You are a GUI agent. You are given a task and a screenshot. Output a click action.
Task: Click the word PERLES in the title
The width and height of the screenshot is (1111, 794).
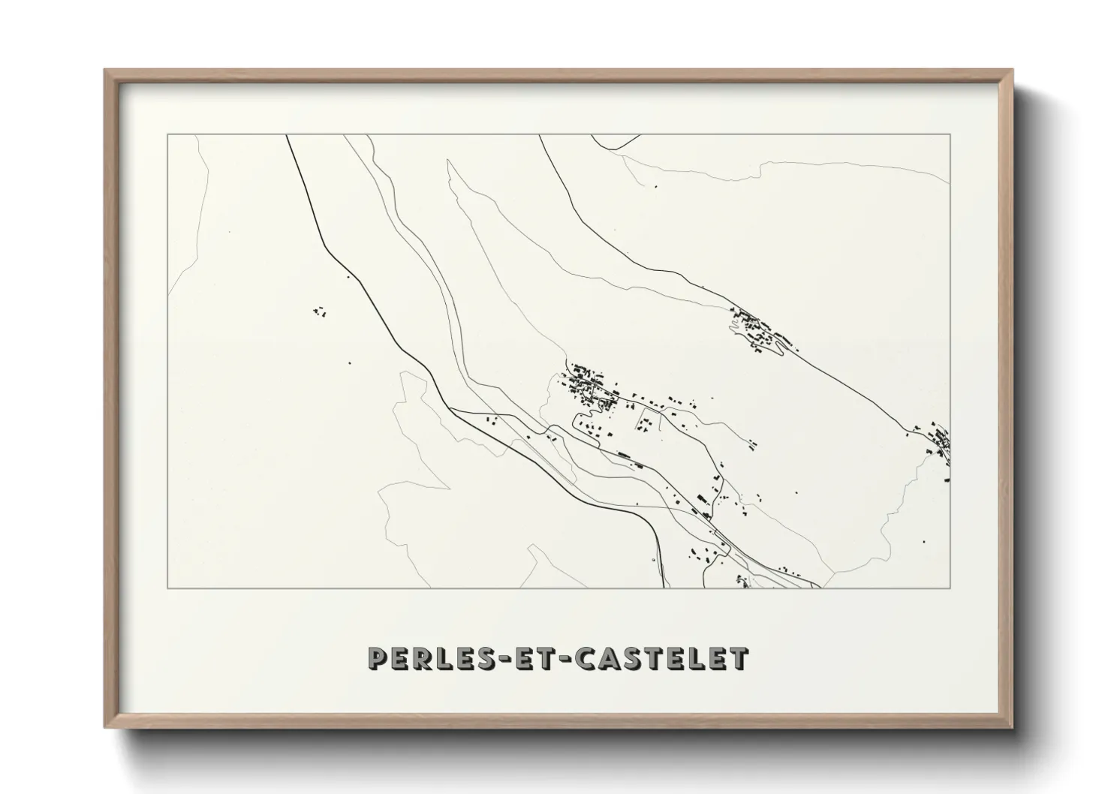coord(427,658)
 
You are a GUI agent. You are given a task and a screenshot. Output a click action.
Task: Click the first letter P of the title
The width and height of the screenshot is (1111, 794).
coord(377,658)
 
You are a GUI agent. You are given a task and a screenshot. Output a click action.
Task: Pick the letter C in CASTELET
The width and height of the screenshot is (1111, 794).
coord(583,658)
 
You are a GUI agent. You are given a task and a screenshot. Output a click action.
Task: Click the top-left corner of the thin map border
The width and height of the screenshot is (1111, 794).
coord(167,134)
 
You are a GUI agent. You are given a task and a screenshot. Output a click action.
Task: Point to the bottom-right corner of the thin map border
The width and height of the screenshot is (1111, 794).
coord(950,588)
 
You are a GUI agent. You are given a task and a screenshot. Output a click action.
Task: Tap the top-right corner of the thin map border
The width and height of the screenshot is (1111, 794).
coord(950,134)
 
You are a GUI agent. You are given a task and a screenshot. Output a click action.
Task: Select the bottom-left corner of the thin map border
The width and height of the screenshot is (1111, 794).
coord(167,588)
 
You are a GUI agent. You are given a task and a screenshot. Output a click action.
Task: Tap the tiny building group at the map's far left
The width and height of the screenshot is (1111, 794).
coord(319,309)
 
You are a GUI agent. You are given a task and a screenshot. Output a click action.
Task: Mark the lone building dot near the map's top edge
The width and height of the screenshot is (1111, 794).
coord(655,185)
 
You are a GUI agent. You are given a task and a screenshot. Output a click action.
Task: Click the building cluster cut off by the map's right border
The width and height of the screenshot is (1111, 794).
coord(939,443)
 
